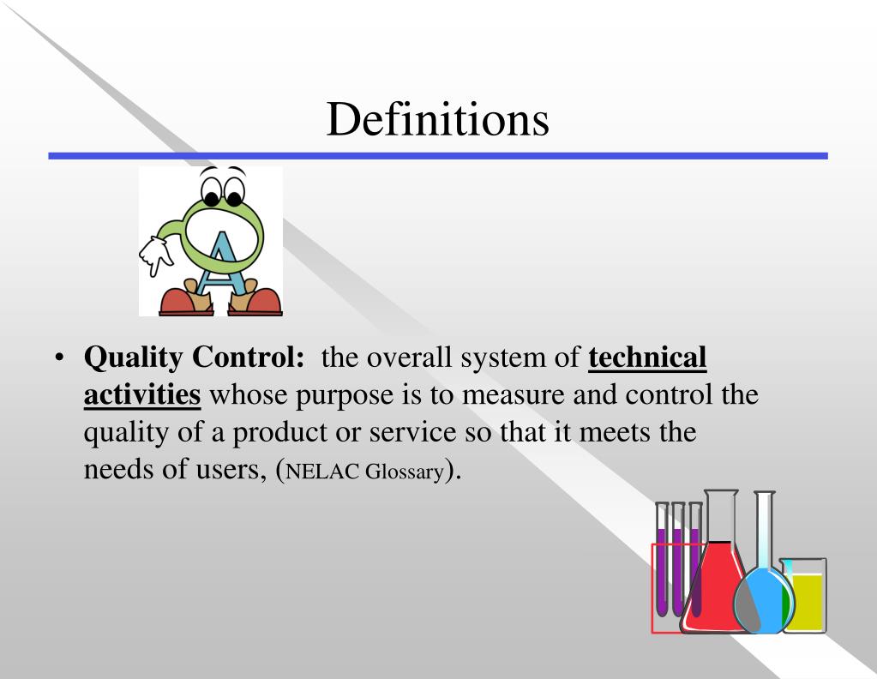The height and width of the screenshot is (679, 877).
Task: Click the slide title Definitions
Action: click(437, 118)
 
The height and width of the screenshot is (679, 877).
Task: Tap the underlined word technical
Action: click(647, 358)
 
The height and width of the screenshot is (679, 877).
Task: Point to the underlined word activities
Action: click(142, 395)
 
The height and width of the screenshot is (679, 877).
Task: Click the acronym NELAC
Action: click(326, 471)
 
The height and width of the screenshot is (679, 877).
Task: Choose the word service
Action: click(408, 433)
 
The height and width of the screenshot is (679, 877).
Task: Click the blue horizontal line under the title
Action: click(437, 156)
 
